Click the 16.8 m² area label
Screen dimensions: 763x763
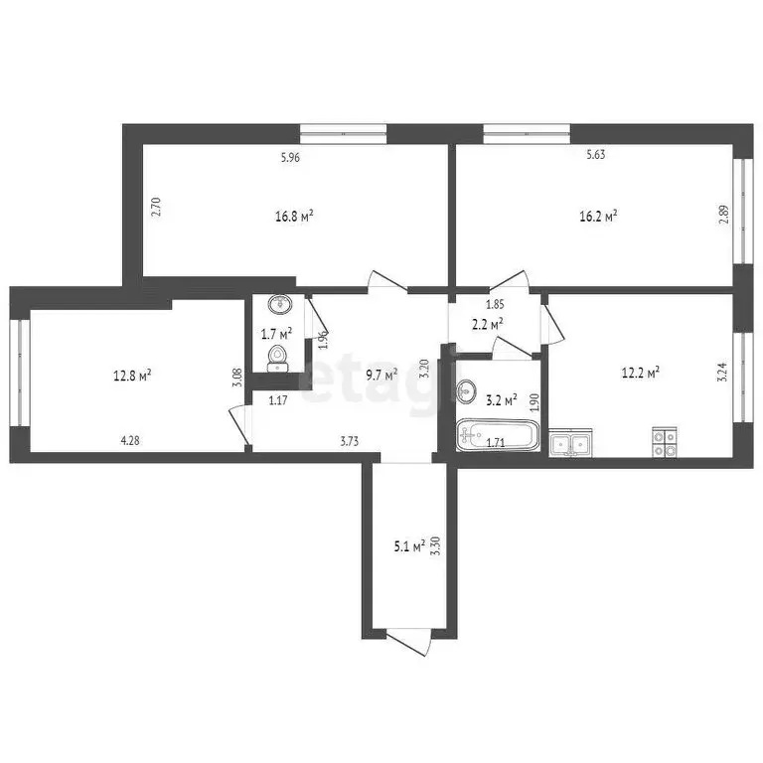point(295,215)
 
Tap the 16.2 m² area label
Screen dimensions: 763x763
point(598,215)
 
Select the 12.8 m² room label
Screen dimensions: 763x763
point(131,376)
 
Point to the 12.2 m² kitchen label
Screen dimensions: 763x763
point(641,373)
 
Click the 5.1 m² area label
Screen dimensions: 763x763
point(409,544)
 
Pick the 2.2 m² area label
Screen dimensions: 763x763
point(486,323)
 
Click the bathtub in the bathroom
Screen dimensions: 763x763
point(498,436)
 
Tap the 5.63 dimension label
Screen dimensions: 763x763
point(596,155)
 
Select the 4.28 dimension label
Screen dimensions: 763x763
point(131,441)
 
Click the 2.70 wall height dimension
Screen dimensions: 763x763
point(155,207)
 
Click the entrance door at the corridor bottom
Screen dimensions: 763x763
point(409,643)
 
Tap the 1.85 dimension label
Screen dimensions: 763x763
point(494,304)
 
